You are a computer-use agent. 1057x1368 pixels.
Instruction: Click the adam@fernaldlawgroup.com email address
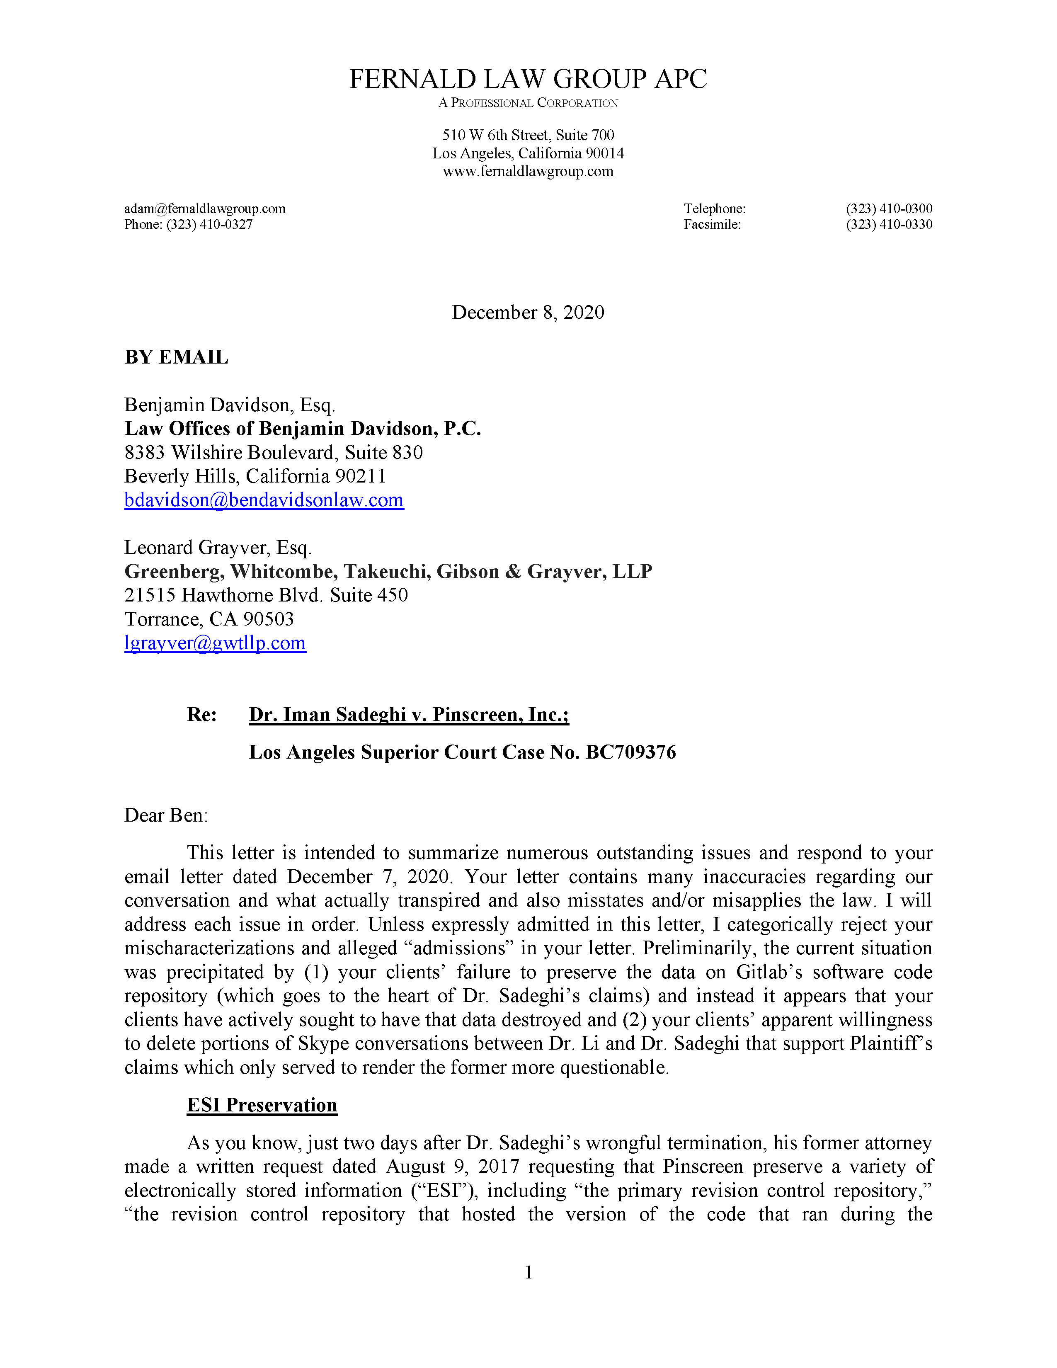click(205, 209)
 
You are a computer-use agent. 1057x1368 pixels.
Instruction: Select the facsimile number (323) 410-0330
click(889, 225)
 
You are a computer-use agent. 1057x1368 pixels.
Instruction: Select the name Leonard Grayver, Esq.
click(217, 548)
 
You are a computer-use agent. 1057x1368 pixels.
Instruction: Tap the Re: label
click(201, 715)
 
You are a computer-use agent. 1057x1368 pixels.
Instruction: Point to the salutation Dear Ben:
click(166, 815)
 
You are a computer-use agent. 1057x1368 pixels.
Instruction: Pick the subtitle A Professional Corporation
click(528, 103)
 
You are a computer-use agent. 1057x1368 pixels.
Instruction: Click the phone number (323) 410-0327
click(209, 225)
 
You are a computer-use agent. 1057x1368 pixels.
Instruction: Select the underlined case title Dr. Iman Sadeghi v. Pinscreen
click(408, 715)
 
